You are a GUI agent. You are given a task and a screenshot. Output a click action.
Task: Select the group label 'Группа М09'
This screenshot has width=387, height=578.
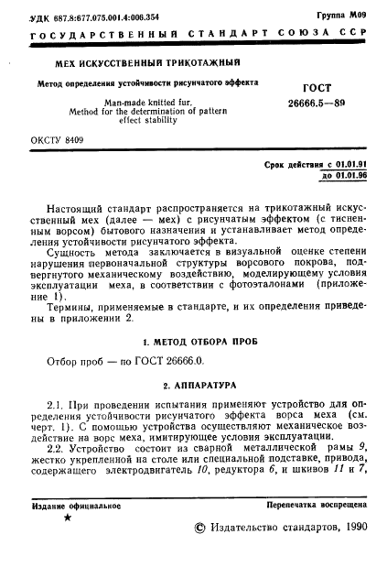pos(345,16)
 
